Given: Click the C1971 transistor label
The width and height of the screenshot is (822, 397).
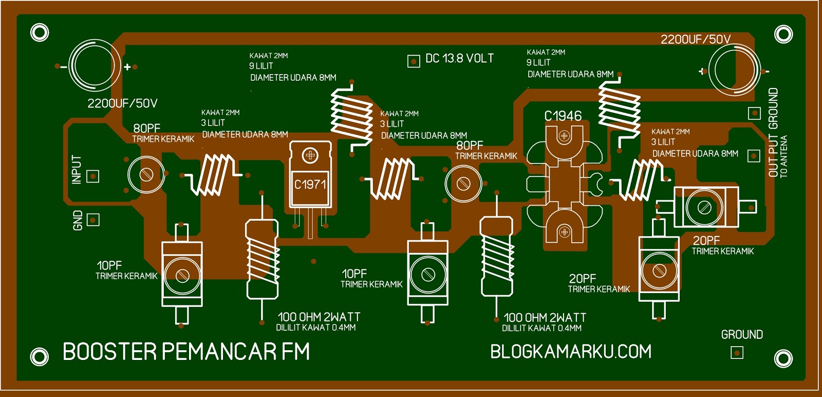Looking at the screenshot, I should (310, 184).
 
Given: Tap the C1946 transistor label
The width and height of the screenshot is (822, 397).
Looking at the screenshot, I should (563, 116).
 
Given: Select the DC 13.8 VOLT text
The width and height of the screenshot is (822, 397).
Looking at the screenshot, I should (459, 59).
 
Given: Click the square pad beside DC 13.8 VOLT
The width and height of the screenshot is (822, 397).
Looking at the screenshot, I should (414, 61).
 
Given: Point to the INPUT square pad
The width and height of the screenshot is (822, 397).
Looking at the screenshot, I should (92, 176).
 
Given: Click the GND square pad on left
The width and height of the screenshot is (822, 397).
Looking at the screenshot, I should (92, 220).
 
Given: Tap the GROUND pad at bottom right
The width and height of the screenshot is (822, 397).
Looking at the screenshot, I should (737, 353).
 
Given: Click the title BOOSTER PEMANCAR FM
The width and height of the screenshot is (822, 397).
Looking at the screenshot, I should (186, 352).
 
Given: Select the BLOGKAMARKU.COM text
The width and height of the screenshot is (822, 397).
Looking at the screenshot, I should (570, 352).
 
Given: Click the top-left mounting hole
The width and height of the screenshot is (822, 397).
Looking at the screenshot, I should (40, 32).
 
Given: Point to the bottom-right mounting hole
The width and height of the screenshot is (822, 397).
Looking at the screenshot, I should (783, 358).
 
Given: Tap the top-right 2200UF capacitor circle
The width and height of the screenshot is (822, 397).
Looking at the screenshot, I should (734, 70).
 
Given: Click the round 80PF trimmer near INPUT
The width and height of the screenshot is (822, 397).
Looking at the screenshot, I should (146, 174).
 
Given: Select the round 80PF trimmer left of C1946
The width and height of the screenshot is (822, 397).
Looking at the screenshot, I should (463, 183).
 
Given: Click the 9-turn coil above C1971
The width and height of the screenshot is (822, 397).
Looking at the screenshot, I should (351, 117).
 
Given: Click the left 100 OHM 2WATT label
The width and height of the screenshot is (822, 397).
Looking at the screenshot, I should (319, 317).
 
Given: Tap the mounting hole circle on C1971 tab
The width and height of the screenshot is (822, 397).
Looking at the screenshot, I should (310, 155).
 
